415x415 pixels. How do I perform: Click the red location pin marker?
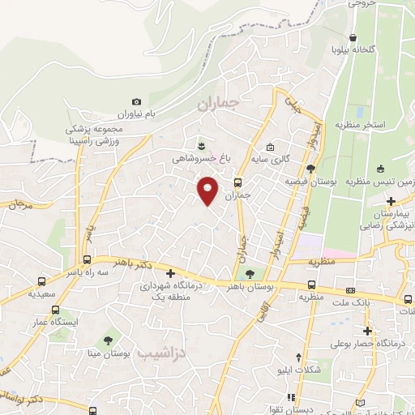[208, 190]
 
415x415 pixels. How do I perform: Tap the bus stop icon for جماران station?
[237, 182]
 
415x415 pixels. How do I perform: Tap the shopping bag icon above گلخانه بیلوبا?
[353, 37]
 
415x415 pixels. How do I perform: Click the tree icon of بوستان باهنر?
[250, 274]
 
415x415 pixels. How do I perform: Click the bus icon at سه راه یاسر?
[87, 260]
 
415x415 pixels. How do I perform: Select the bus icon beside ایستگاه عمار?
[54, 310]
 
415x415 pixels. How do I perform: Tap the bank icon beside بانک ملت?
[350, 289]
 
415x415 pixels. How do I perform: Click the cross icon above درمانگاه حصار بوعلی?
[368, 331]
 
